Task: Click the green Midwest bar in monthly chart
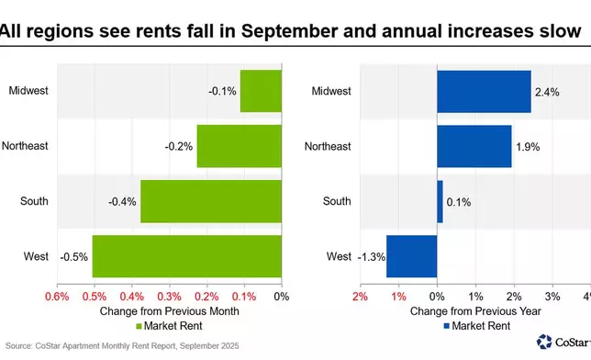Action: [261, 90]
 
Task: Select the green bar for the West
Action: [186, 256]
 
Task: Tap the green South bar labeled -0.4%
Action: [210, 201]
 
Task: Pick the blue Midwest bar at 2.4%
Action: [483, 90]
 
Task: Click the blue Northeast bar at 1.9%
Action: [474, 146]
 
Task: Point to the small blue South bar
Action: [440, 201]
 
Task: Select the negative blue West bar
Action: [411, 256]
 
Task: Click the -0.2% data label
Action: [178, 146]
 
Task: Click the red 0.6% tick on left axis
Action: [57, 297]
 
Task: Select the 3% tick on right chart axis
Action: [552, 297]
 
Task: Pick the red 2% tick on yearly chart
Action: [359, 297]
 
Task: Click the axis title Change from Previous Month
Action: [169, 311]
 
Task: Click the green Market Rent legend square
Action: [139, 326]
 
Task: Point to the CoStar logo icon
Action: [544, 342]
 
